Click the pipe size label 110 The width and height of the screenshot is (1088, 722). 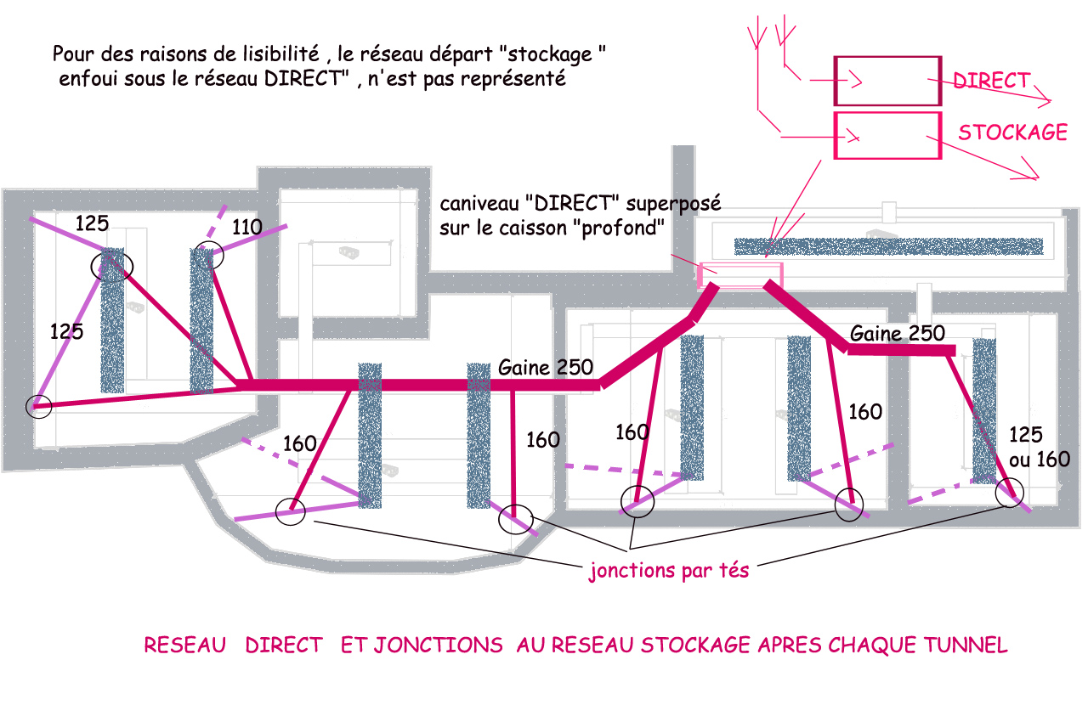click(x=247, y=227)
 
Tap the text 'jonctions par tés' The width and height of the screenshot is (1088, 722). click(x=669, y=571)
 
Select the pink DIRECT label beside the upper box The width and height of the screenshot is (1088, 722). click(x=991, y=81)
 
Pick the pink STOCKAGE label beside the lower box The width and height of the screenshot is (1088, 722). click(x=1012, y=133)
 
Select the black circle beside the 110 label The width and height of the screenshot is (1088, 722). click(x=207, y=255)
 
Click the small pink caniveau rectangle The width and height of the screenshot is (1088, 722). click(x=739, y=274)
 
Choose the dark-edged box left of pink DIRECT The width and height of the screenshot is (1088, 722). click(x=887, y=81)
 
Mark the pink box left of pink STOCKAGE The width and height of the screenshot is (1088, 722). click(x=887, y=136)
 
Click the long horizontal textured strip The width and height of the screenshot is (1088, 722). click(x=888, y=246)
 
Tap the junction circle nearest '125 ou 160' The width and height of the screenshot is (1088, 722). click(x=1010, y=493)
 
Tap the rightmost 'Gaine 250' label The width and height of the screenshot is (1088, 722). click(x=897, y=334)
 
